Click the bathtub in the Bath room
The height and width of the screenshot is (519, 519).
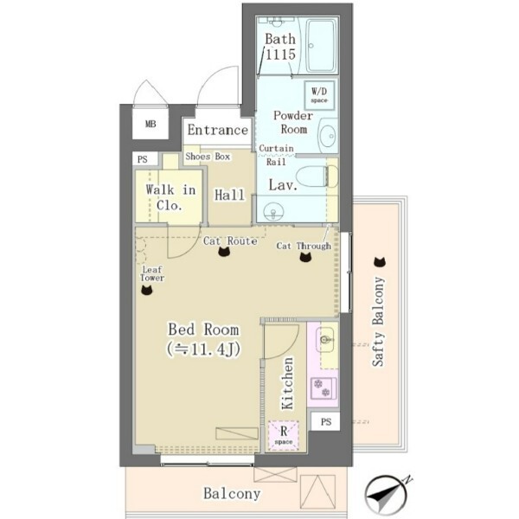pos(320,46)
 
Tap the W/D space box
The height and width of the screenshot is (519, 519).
pos(319,95)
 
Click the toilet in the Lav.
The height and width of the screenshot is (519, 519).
pos(317,176)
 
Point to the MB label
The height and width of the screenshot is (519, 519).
pos(151,124)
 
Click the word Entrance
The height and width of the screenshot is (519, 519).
pos(217,130)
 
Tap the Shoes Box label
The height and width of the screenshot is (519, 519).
pos(208,157)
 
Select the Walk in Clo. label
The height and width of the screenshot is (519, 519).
pos(170,197)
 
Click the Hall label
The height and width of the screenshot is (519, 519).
pos(229,195)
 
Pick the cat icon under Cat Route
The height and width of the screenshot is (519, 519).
pos(224,252)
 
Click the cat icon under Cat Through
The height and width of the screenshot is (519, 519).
pos(305,257)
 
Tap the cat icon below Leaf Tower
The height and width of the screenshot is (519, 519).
pos(147,290)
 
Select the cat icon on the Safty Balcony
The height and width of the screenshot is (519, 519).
pos(380,262)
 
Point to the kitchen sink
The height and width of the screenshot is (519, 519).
pos(325,340)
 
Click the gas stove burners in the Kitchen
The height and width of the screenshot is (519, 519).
pos(323,388)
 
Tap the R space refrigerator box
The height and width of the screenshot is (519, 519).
pos(284,435)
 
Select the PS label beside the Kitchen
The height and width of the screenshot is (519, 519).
pos(326,422)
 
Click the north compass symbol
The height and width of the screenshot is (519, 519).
pos(386,495)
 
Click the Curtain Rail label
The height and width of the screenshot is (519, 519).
pos(276,155)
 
